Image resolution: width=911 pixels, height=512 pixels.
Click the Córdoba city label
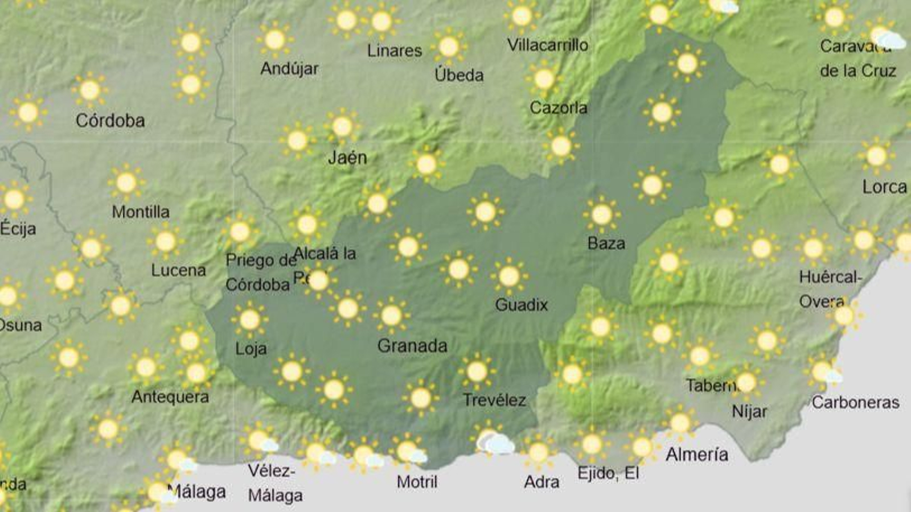point(110,121)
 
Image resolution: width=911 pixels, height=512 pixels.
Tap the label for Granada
point(412,346)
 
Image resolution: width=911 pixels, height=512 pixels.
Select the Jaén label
point(347,158)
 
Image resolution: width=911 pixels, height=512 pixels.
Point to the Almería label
point(697,455)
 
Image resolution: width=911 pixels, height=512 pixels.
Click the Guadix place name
point(522,305)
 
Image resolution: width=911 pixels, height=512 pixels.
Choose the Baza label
point(606,243)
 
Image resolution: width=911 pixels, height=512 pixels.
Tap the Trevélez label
point(494,400)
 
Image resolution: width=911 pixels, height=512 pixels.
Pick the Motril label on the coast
point(417,482)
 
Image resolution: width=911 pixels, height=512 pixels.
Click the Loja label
point(251,348)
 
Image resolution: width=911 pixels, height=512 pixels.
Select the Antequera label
point(170,397)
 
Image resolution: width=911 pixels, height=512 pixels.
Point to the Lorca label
point(884,187)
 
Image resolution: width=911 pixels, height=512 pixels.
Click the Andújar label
point(289,69)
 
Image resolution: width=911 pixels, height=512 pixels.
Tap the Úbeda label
point(459,75)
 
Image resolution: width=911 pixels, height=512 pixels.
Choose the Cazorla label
point(559,108)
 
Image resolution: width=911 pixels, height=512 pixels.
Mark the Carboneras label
point(855,403)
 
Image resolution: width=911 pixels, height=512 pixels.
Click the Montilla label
point(141,212)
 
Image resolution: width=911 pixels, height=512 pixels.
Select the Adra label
point(541,482)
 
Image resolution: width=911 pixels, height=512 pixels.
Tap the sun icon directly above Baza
point(601,215)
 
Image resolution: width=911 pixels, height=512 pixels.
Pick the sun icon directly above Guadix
point(509,276)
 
